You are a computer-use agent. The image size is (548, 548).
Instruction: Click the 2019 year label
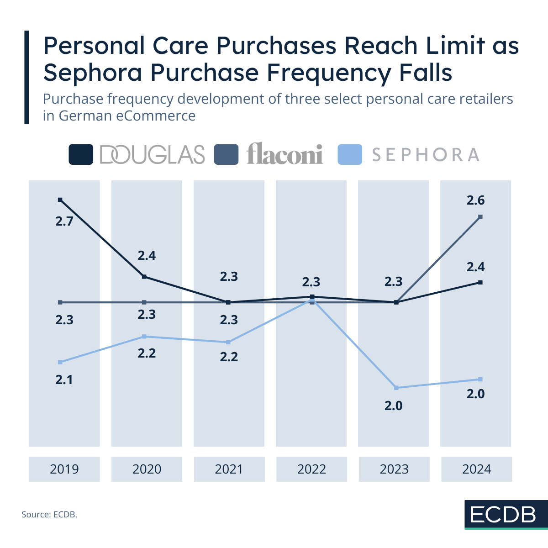pyautogui.click(x=64, y=469)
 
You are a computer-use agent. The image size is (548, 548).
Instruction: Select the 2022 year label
pyautogui.click(x=311, y=469)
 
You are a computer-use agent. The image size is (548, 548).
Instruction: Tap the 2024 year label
pyautogui.click(x=476, y=469)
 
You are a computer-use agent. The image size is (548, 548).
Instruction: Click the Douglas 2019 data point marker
pyautogui.click(x=60, y=200)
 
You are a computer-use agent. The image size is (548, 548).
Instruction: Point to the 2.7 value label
pyautogui.click(x=64, y=222)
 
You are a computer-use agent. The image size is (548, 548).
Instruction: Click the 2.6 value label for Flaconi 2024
pyautogui.click(x=475, y=200)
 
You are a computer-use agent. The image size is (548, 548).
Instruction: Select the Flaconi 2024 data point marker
pyautogui.click(x=480, y=217)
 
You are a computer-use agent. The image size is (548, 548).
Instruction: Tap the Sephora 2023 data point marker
pyautogui.click(x=396, y=388)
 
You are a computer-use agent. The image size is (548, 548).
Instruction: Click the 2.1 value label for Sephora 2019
pyautogui.click(x=64, y=379)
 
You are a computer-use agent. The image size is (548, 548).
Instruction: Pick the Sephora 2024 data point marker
pyautogui.click(x=480, y=379)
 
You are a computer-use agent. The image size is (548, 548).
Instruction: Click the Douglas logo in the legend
pyautogui.click(x=152, y=155)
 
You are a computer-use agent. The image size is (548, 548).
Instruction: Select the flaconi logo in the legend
pyautogui.click(x=285, y=154)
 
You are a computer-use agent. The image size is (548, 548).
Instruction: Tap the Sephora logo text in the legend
pyautogui.click(x=426, y=155)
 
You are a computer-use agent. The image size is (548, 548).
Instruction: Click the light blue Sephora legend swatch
pyautogui.click(x=350, y=154)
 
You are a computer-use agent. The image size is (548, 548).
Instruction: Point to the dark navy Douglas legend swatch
pyautogui.click(x=81, y=154)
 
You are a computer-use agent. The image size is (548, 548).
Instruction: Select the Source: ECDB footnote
pyautogui.click(x=49, y=515)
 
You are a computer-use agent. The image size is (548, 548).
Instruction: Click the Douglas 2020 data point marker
pyautogui.click(x=144, y=277)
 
